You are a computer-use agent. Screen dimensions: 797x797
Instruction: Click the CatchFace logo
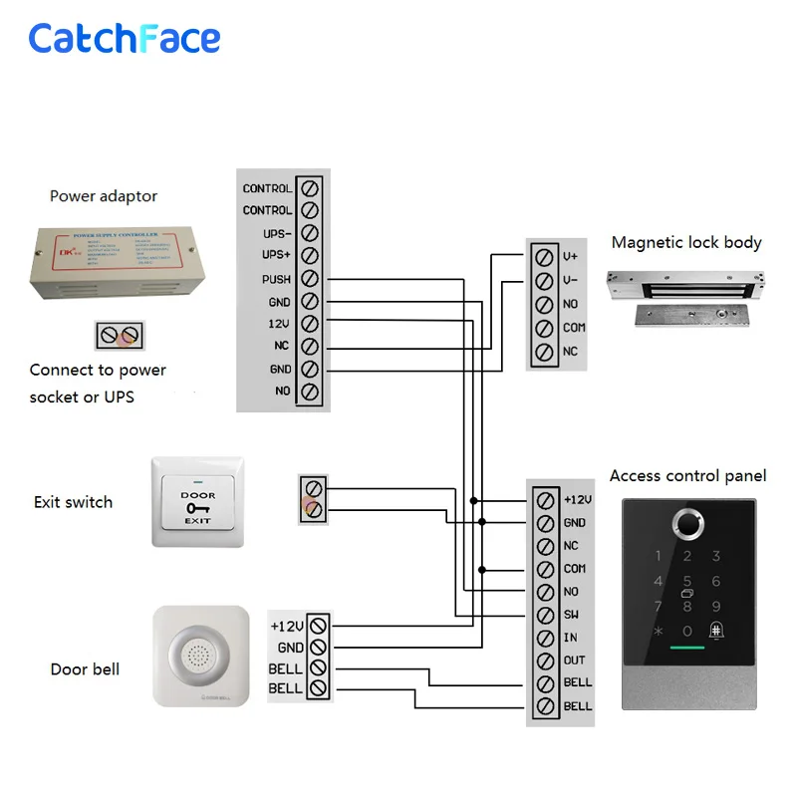pyautogui.click(x=125, y=39)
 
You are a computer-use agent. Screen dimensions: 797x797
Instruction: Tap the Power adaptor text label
pyautogui.click(x=104, y=196)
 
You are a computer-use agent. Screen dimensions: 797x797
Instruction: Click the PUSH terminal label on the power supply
pyautogui.click(x=276, y=280)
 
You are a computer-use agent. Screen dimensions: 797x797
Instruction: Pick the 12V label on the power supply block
pyautogui.click(x=279, y=324)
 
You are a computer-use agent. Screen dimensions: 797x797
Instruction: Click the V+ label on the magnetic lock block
pyautogui.click(x=571, y=256)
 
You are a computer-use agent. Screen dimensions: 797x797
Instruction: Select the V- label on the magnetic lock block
pyautogui.click(x=571, y=280)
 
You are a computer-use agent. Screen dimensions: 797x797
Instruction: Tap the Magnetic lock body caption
pyautogui.click(x=686, y=242)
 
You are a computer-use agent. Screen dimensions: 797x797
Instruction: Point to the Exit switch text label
pyautogui.click(x=73, y=502)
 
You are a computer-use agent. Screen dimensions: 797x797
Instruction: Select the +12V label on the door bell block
pyautogui.click(x=286, y=626)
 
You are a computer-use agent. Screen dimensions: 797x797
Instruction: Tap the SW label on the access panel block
pyautogui.click(x=571, y=615)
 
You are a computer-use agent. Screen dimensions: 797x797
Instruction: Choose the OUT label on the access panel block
pyautogui.click(x=575, y=661)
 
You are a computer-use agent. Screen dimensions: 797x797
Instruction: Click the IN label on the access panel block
pyautogui.click(x=570, y=638)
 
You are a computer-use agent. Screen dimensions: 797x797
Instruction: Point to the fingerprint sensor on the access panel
pyautogui.click(x=686, y=521)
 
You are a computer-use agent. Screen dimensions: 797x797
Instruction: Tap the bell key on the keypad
pyautogui.click(x=715, y=631)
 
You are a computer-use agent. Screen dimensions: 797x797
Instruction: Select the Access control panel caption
pyautogui.click(x=687, y=476)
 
